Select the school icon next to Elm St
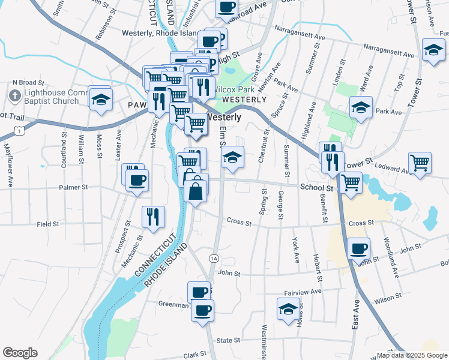pyautogui.click(x=233, y=158)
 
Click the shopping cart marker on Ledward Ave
pyautogui.click(x=420, y=162)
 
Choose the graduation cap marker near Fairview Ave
pyautogui.click(x=288, y=309)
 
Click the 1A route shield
pyautogui.click(x=214, y=258)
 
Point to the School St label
pyautogui.click(x=316, y=187)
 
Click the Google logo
pyautogui.click(x=20, y=353)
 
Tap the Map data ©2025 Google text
pyautogui.click(x=412, y=355)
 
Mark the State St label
pyautogui.click(x=228, y=340)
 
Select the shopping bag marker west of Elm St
pyautogui.click(x=197, y=191)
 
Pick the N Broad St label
pyautogui.click(x=29, y=82)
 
